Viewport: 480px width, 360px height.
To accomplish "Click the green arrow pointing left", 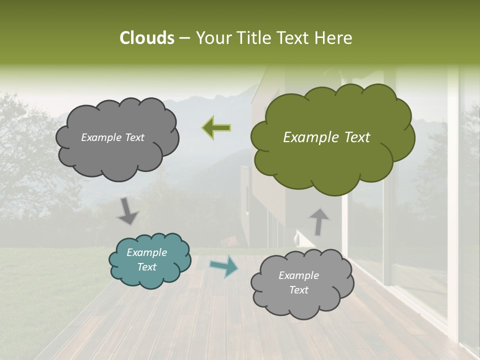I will pos(216,128).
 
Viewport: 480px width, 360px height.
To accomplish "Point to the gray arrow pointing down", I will pos(128,211).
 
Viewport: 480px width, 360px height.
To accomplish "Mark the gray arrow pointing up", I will pos(318,221).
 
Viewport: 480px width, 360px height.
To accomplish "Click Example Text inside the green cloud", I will pos(326,137).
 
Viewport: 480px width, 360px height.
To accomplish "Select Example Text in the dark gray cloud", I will pos(112,137).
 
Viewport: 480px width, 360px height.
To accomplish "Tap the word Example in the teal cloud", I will pos(146,252).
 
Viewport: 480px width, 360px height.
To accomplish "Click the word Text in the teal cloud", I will pos(147,267).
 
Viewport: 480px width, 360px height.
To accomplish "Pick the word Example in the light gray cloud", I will pos(298,275).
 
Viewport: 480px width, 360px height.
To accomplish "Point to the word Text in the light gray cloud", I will pos(299,290).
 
